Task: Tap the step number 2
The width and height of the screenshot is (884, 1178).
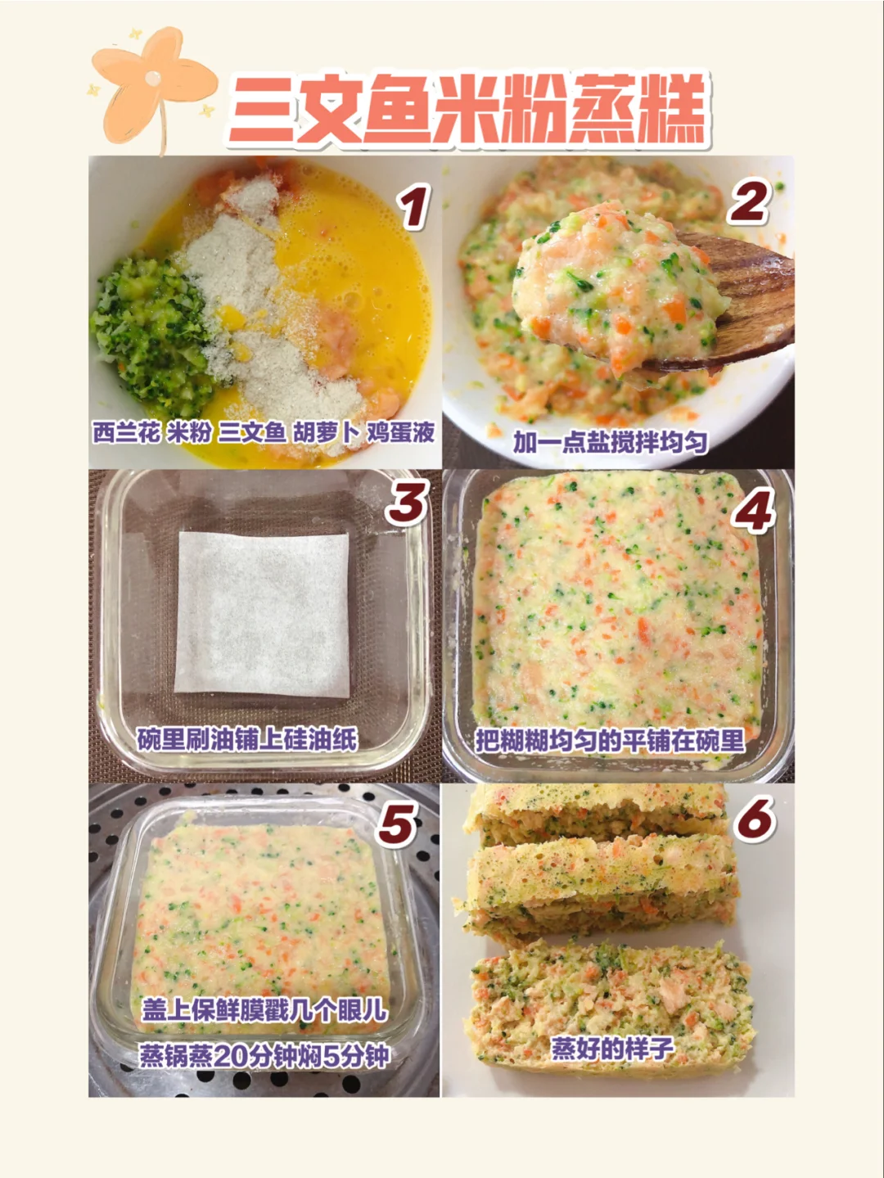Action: [x=750, y=201]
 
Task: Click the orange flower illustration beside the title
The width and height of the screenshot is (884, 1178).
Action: [x=153, y=88]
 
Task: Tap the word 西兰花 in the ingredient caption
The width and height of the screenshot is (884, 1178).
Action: [x=126, y=433]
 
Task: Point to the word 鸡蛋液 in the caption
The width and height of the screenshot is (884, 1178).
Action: [x=400, y=433]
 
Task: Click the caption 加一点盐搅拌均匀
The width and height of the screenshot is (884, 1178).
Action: [x=611, y=443]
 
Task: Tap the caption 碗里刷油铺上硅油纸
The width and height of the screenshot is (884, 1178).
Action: [x=247, y=740]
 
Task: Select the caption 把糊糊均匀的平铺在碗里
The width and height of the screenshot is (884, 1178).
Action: [x=610, y=742]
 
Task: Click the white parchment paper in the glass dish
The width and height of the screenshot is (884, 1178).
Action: [x=262, y=615]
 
